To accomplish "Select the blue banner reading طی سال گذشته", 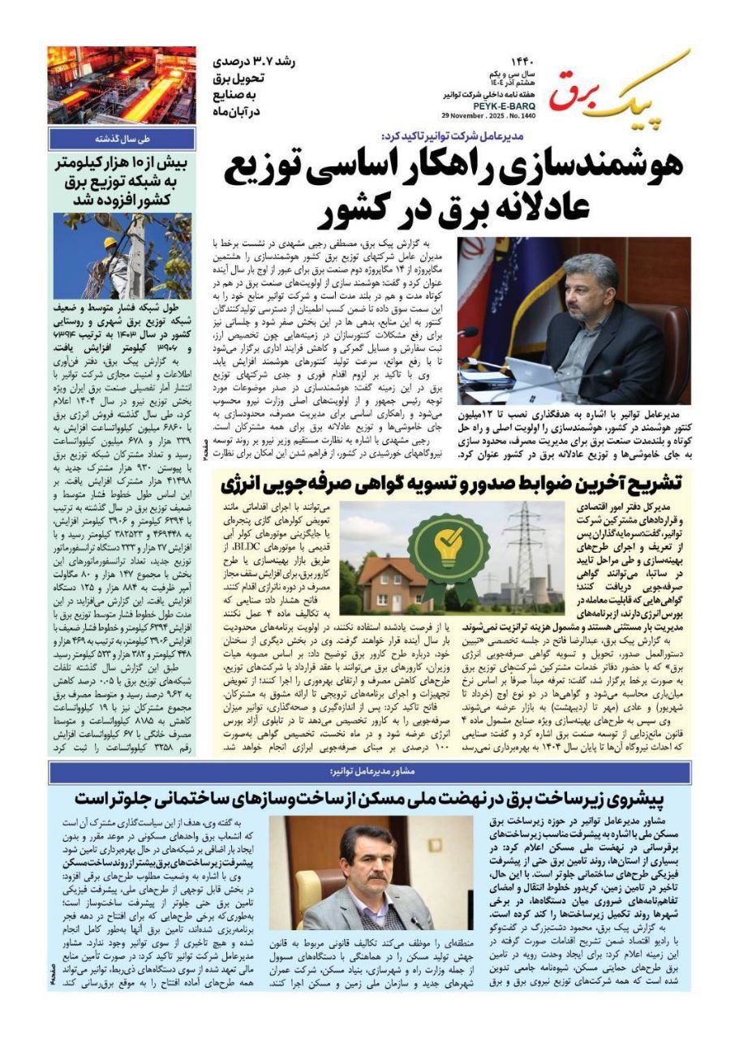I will [x=121, y=138].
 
